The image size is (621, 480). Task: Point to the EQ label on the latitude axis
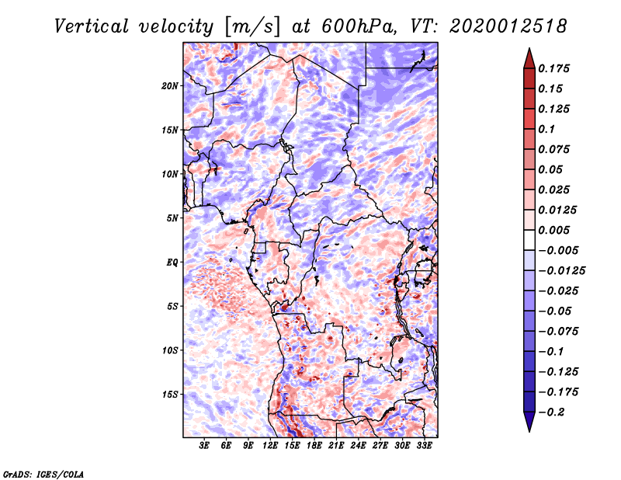click(x=172, y=262)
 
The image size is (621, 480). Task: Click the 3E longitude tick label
click(x=205, y=446)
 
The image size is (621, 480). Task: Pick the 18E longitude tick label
click(x=315, y=446)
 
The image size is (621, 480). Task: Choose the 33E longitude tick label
click(x=425, y=446)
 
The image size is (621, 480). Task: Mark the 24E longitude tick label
click(x=359, y=446)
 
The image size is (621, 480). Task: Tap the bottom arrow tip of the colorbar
click(x=528, y=430)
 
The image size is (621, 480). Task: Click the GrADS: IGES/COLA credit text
click(x=43, y=473)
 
